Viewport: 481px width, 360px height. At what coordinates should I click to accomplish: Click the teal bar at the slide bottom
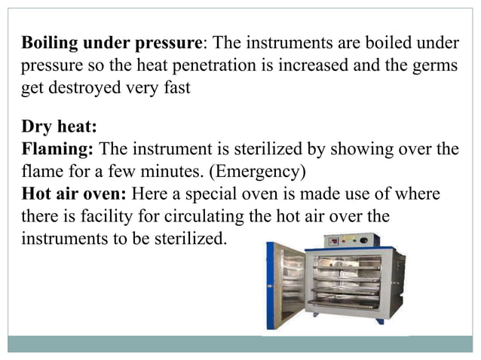(240, 343)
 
